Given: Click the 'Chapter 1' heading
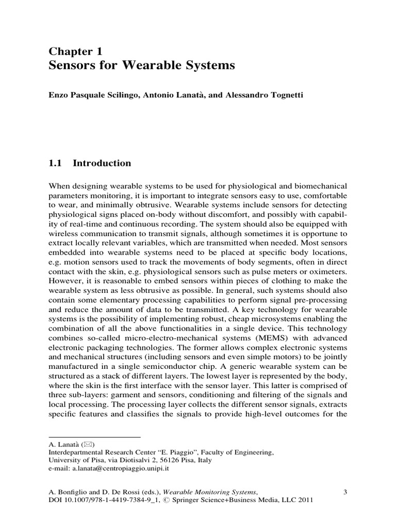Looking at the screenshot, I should pyautogui.click(x=76, y=51).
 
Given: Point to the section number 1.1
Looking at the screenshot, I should pyautogui.click(x=55, y=164).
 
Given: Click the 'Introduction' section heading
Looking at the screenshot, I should pyautogui.click(x=102, y=164).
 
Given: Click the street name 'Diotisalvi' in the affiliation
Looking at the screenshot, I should pyautogui.click(x=121, y=460).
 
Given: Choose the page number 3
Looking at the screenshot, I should pyautogui.click(x=345, y=492).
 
